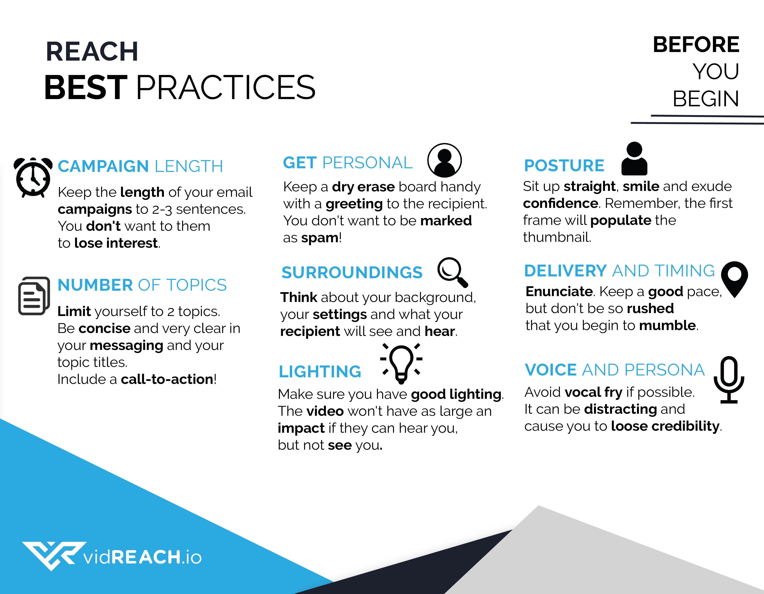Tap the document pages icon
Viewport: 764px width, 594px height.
click(x=34, y=296)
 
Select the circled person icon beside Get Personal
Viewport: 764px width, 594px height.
click(x=444, y=160)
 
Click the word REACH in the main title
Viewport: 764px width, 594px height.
click(x=92, y=51)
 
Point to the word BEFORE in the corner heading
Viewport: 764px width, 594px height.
click(x=696, y=45)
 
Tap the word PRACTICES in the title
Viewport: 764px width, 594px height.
click(x=226, y=87)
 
